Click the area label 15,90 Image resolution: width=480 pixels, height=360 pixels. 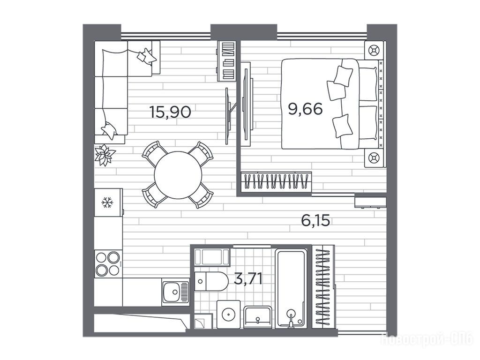[170, 112]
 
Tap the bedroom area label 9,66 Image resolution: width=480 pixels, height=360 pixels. [305, 109]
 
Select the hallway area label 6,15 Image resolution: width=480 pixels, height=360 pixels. [315, 220]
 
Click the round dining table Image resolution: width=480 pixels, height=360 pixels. [178, 175]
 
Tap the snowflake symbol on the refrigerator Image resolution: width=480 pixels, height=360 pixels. [108, 202]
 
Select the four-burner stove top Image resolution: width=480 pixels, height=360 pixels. [107, 264]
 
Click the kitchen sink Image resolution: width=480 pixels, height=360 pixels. [175, 292]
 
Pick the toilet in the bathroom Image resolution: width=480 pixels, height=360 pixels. [211, 281]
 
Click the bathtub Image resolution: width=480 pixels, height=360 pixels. [291, 288]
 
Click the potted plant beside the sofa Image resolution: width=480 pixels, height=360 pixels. [105, 155]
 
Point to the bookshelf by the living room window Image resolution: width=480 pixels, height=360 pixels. [227, 61]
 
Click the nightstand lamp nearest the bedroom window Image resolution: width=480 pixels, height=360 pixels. [374, 50]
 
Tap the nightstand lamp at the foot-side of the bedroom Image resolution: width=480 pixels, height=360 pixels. [374, 158]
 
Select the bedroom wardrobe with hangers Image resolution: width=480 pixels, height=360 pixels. [276, 182]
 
